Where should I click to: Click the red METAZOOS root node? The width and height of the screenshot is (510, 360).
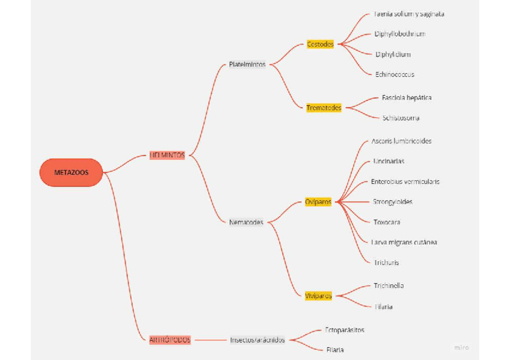[x=71, y=172]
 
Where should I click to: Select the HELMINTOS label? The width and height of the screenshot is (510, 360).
[x=167, y=155]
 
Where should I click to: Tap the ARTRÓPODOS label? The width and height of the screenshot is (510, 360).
[x=170, y=340]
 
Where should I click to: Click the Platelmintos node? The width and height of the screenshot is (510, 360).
[x=247, y=64]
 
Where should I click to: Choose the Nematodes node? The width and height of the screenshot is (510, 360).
[x=246, y=222]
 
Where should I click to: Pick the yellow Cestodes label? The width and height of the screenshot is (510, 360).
[x=320, y=44]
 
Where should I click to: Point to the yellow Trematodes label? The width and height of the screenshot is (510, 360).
[x=324, y=108]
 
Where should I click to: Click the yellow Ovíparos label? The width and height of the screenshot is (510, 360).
[x=318, y=202]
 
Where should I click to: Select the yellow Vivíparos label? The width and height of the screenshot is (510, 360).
[x=318, y=296]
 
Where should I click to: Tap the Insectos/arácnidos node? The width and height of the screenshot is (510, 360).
[x=257, y=340]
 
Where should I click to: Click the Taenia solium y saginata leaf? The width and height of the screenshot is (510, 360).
[x=408, y=14]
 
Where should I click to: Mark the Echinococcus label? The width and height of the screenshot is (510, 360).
[x=395, y=75]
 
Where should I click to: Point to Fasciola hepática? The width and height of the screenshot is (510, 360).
[x=407, y=97]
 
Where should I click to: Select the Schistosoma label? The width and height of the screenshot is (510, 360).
[x=401, y=118]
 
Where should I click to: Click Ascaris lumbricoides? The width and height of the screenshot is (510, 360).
[x=401, y=141]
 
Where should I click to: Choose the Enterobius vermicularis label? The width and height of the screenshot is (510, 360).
[x=405, y=182]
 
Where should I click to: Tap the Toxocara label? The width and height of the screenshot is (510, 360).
[x=387, y=222]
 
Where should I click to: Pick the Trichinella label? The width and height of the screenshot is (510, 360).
[x=389, y=285]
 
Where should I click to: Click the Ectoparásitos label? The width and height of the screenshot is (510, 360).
[x=345, y=330]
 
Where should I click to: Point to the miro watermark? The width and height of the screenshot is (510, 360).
[x=462, y=347]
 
